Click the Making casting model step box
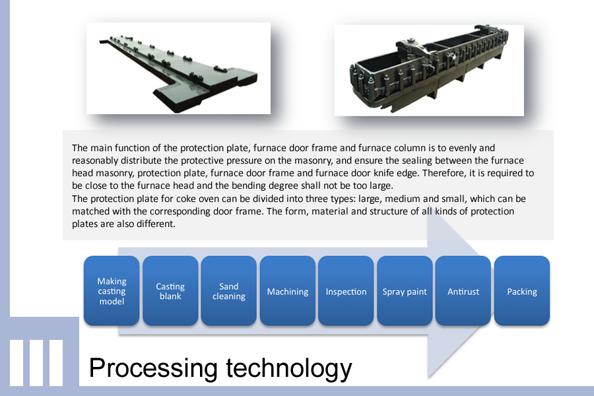[x=112, y=290]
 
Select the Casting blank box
[x=170, y=290]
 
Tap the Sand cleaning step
[x=229, y=290]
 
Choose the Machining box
[x=288, y=290]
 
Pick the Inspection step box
[x=346, y=290]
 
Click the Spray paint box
[x=405, y=290]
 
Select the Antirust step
[x=463, y=290]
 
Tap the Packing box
[x=522, y=290]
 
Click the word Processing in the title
[x=153, y=368]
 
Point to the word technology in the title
[x=289, y=368]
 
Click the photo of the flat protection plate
[x=178, y=68]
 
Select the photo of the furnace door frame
[x=429, y=71]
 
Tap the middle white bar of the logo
[x=36, y=362]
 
